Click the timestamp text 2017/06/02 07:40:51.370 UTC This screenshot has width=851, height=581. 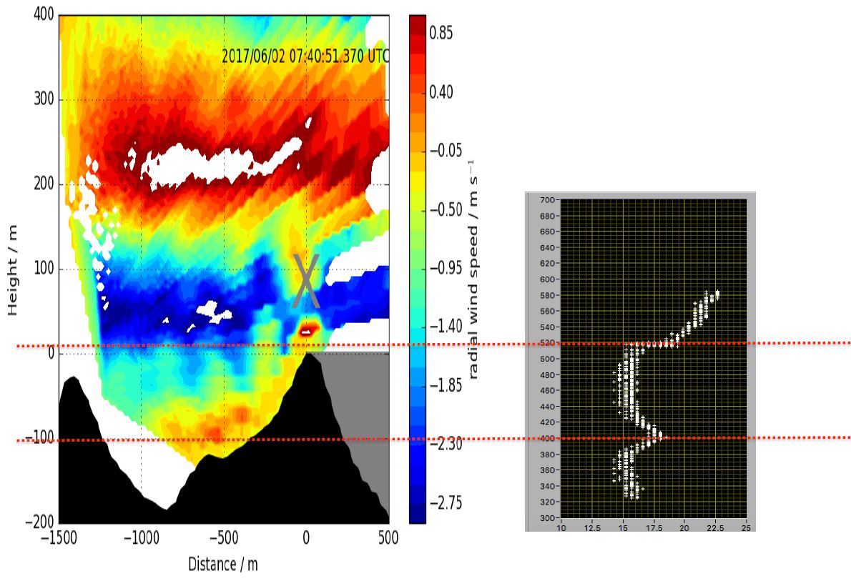(x=305, y=56)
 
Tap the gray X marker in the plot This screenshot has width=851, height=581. (x=306, y=281)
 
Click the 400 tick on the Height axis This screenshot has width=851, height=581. (x=44, y=15)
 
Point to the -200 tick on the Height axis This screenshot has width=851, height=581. (x=40, y=522)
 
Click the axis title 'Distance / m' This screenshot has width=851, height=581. (x=223, y=564)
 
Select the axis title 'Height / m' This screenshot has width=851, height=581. (x=13, y=269)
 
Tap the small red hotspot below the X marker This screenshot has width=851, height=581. (x=308, y=329)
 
